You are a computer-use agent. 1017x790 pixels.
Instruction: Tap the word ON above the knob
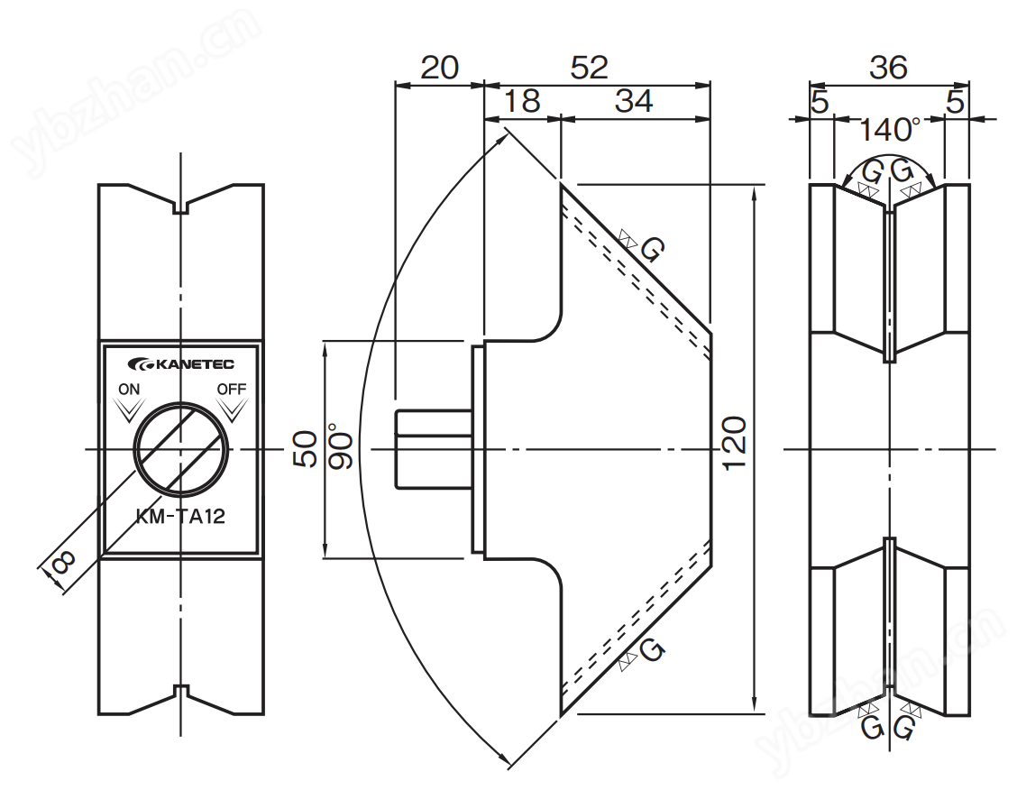(128, 390)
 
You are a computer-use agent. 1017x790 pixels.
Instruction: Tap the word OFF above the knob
(232, 390)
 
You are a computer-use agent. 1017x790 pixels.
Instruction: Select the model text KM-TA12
(180, 517)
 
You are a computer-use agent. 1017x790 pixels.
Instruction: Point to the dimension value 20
(440, 69)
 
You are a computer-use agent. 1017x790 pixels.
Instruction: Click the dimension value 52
(590, 69)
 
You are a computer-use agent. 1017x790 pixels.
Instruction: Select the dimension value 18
(521, 102)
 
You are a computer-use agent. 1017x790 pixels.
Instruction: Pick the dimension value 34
(634, 102)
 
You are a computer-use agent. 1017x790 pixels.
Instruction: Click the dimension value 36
(889, 69)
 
